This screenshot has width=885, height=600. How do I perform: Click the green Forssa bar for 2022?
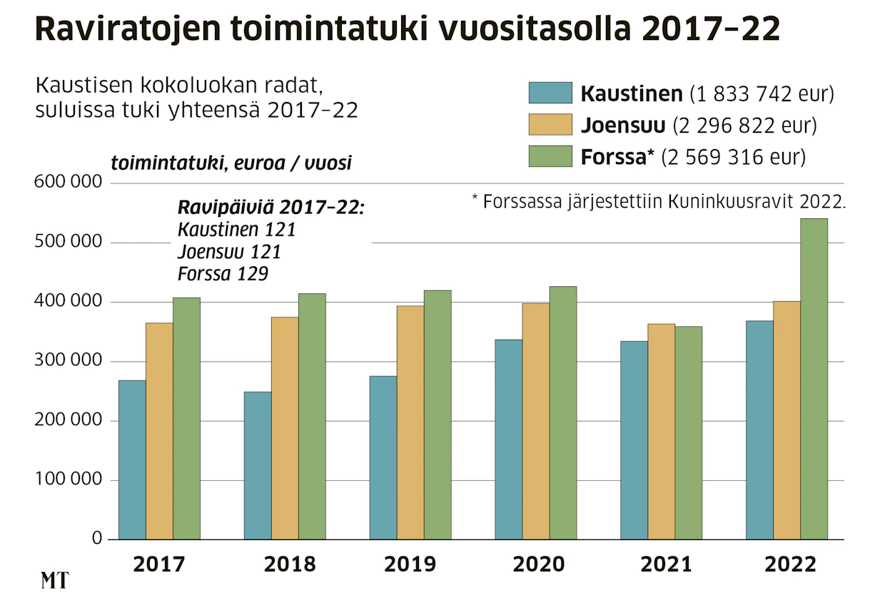click(x=814, y=379)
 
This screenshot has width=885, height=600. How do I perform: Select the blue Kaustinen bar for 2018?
click(x=258, y=466)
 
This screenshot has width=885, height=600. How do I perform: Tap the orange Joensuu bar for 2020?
click(x=536, y=422)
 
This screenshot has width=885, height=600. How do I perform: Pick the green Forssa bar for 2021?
click(x=689, y=433)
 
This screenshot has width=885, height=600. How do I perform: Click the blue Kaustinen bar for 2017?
click(x=132, y=459)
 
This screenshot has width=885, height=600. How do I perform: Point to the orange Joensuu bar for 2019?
click(x=410, y=422)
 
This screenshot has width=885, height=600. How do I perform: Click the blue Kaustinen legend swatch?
click(x=550, y=93)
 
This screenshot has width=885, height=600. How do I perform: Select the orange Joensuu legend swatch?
click(x=550, y=124)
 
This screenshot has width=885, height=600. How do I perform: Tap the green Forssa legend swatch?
click(x=550, y=156)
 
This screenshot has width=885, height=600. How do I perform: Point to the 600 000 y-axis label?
click(x=68, y=182)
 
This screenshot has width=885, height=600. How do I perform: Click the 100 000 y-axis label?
click(x=69, y=479)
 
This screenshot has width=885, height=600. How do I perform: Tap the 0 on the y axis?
click(x=97, y=538)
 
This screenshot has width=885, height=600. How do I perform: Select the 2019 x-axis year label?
click(x=410, y=564)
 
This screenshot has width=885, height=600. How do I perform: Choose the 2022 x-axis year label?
click(x=790, y=564)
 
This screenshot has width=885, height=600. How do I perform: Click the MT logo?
click(x=55, y=580)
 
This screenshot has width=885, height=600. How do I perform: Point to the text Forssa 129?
click(x=223, y=274)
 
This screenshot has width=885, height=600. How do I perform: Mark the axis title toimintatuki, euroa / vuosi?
click(x=231, y=163)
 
